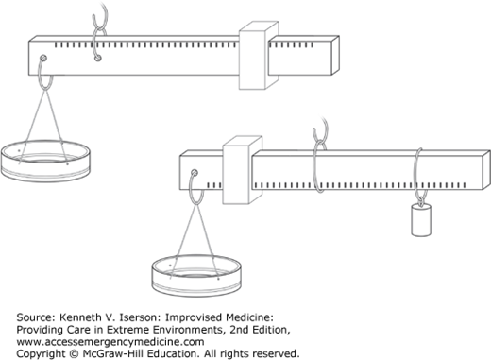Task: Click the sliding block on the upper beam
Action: pos(259,56)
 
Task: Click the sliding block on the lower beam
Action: pos(242,170)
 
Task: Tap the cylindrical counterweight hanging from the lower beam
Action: pos(421,220)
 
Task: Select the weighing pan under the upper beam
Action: pos(45,161)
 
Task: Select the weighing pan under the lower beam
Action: pos(196,276)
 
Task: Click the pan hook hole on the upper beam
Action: pos(43,58)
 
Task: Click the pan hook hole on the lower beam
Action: pos(195,173)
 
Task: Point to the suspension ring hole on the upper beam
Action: pos(98,58)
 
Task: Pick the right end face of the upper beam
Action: pos(335,55)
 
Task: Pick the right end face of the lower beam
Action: pos(486,170)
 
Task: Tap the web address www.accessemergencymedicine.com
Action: pos(110,342)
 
